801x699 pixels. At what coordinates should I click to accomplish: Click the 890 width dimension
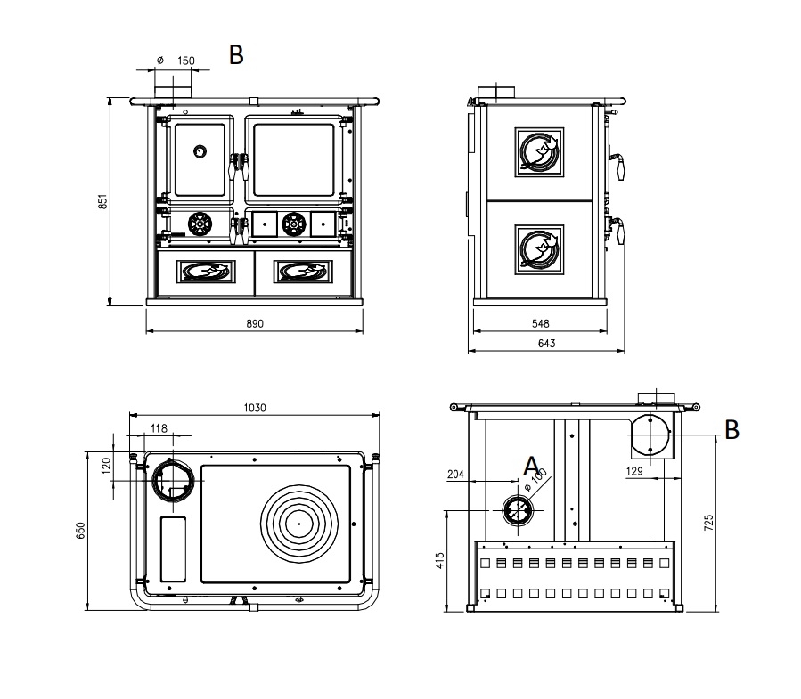(255, 324)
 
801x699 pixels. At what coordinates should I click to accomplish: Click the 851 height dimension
(102, 201)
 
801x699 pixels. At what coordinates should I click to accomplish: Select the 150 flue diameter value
(186, 61)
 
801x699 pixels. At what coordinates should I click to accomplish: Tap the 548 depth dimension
(540, 324)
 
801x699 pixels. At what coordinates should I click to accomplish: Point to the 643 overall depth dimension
(546, 344)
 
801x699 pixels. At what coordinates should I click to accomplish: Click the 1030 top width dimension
(255, 408)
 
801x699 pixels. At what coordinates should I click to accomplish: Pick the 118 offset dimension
(159, 428)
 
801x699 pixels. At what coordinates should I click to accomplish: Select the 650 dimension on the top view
(80, 531)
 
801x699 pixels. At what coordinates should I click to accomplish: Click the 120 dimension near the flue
(106, 466)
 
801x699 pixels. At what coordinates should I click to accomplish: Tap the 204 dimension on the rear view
(455, 475)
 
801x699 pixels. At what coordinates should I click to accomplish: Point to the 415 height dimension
(440, 560)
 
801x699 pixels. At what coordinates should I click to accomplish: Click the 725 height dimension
(708, 523)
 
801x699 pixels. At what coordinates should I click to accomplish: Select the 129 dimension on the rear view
(634, 471)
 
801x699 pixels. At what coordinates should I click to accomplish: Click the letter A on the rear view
(531, 466)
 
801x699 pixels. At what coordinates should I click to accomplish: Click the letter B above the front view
(236, 54)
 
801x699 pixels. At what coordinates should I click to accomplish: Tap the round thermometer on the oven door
(200, 151)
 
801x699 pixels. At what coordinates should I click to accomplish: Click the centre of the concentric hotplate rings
(299, 524)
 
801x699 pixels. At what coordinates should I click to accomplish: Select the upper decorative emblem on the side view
(539, 152)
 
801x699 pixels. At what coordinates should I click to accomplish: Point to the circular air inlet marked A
(518, 510)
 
